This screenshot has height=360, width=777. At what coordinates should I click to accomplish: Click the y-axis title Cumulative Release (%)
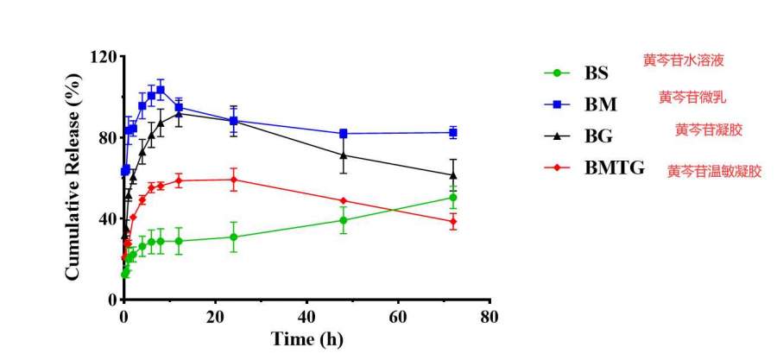click(x=73, y=177)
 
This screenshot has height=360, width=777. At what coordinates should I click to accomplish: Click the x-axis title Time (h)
click(x=306, y=339)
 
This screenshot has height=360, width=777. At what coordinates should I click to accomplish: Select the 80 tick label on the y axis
click(x=106, y=138)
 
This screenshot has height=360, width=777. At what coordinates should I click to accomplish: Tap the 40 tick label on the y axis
click(x=106, y=219)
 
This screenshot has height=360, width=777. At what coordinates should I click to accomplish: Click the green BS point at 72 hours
click(x=453, y=198)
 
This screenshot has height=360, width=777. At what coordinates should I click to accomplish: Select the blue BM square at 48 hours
click(x=344, y=134)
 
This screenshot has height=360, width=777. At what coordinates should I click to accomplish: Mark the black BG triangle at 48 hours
click(x=344, y=155)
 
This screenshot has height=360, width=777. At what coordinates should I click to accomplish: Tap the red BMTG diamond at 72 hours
click(x=453, y=222)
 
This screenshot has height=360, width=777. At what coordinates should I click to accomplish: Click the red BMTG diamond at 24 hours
click(x=234, y=180)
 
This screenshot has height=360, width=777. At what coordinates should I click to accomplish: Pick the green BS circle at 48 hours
click(x=344, y=220)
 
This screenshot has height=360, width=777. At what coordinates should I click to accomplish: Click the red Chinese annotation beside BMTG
click(x=714, y=171)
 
